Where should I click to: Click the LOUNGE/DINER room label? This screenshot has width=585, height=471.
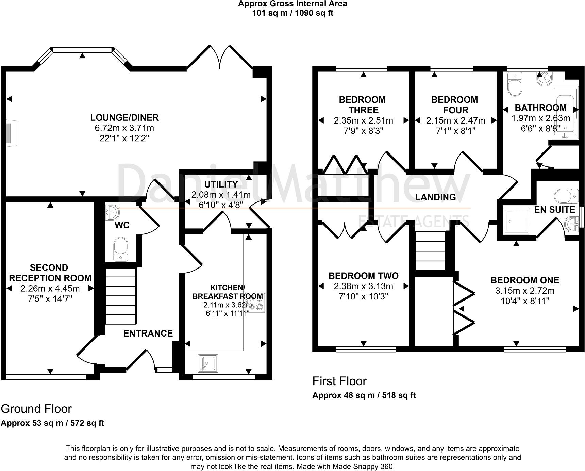(x=124, y=118)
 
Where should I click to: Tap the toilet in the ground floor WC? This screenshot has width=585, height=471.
(x=121, y=249)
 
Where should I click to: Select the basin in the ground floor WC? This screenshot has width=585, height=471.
(x=112, y=212)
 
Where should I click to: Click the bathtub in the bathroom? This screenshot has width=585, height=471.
(x=565, y=111)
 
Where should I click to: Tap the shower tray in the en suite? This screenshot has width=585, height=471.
(x=517, y=221)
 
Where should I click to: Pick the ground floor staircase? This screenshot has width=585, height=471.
(x=121, y=296)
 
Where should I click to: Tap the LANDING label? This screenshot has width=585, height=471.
(x=436, y=197)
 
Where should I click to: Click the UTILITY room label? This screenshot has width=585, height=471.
(x=221, y=184)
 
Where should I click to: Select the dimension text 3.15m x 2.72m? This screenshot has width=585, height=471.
(x=525, y=291)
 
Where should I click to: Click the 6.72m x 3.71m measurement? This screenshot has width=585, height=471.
(x=124, y=128)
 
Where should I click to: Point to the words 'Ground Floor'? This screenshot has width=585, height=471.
(x=36, y=409)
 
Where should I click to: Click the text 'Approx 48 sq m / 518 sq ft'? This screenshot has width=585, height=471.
(x=364, y=395)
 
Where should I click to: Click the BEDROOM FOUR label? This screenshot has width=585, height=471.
(x=455, y=105)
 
